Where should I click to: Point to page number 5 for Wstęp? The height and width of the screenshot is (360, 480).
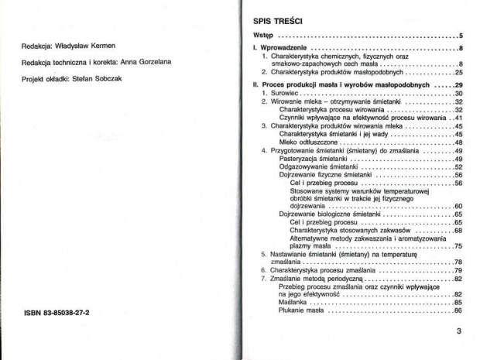[460, 36]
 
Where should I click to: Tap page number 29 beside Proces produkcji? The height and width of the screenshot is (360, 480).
[458, 84]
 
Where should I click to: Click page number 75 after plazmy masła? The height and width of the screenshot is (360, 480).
[458, 245]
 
